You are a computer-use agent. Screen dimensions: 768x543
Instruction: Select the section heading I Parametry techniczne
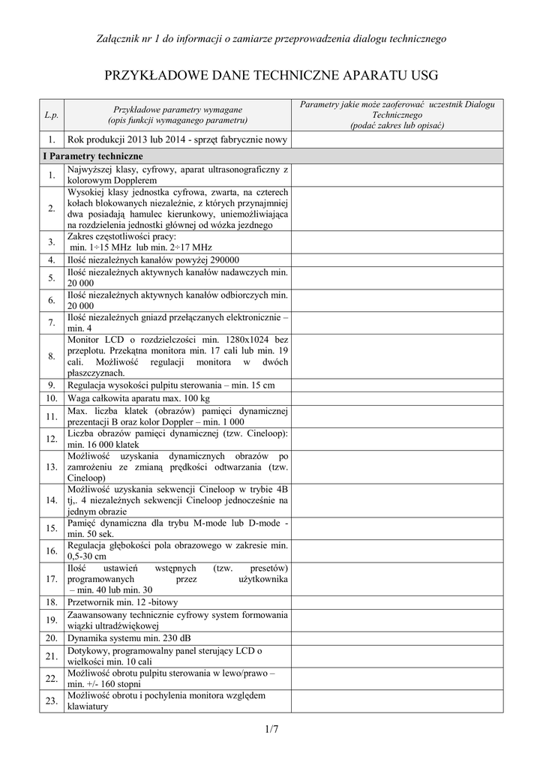tap(91, 156)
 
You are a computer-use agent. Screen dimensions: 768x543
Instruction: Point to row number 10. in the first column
tap(51, 397)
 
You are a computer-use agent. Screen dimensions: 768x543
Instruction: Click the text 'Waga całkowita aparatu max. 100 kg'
tap(139, 397)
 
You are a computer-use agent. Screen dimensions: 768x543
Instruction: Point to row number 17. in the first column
tap(51, 579)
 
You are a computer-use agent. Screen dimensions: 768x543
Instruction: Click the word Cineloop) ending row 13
tap(86, 477)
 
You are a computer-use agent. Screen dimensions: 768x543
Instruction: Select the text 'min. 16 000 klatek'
tap(103, 444)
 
